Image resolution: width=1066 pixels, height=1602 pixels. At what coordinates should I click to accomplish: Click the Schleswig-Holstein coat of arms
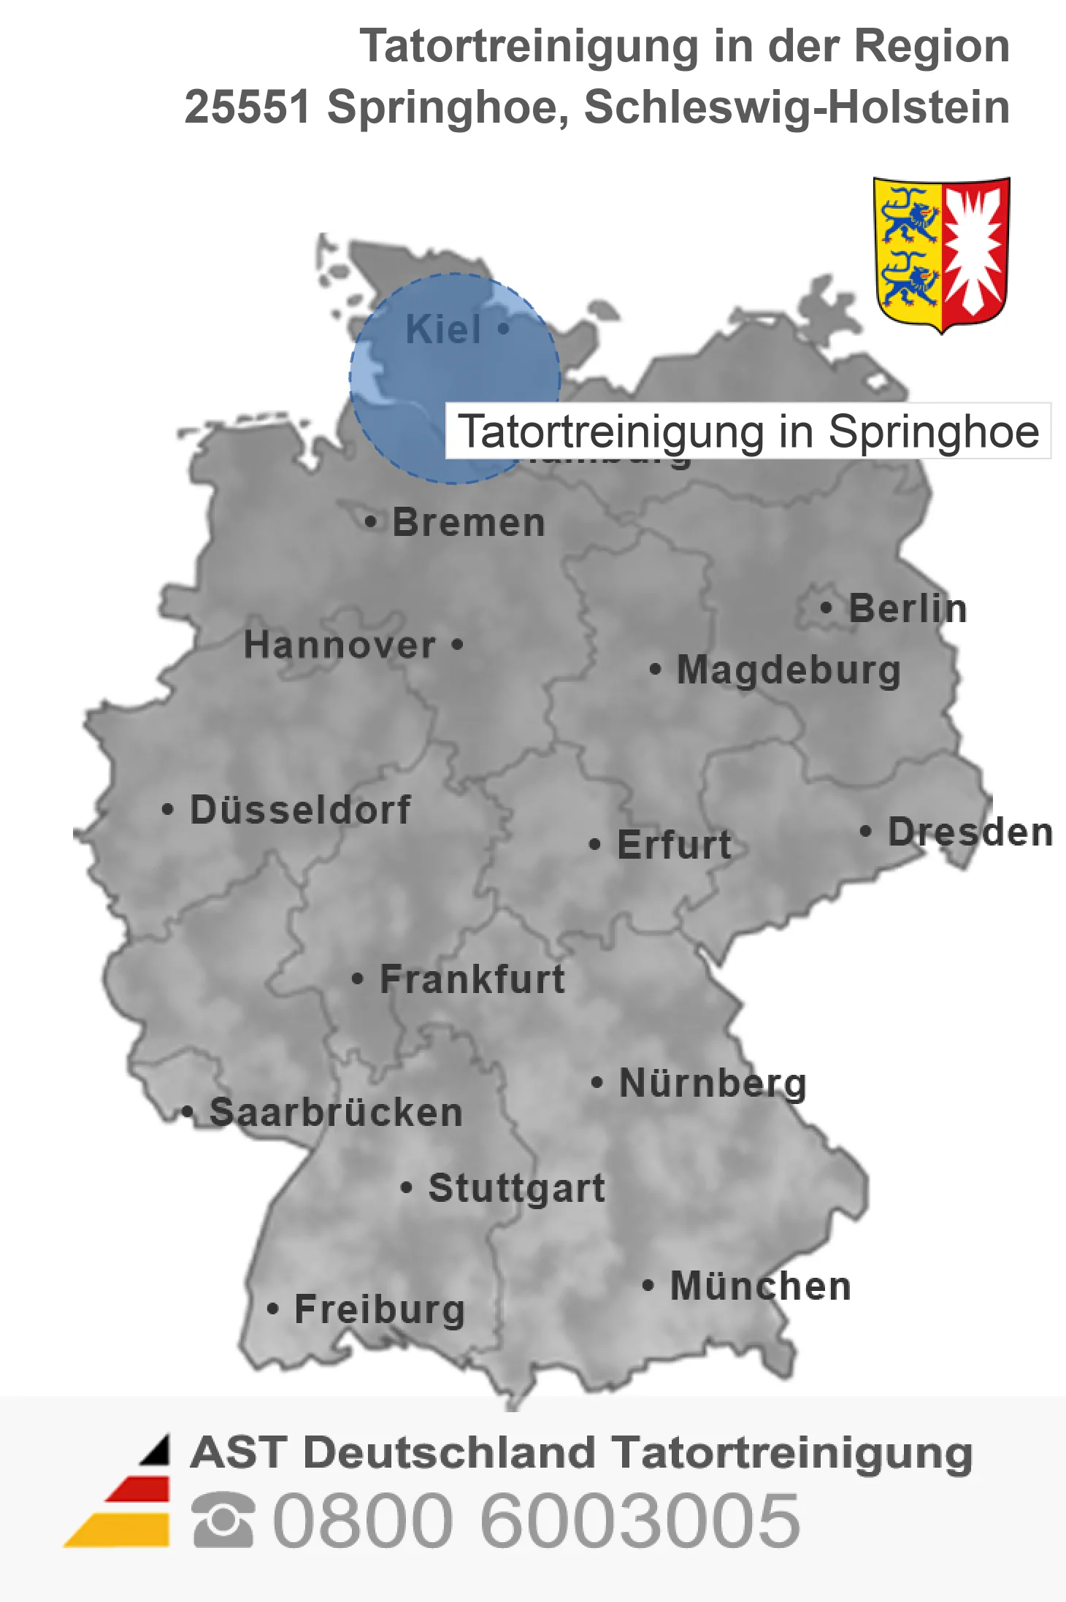pos(941,253)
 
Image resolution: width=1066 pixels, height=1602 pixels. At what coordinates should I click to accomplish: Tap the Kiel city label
pos(443,329)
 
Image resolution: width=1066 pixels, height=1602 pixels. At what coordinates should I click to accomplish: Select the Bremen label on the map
pos(469,523)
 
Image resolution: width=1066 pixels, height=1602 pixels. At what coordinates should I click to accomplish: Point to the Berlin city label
pos(908,609)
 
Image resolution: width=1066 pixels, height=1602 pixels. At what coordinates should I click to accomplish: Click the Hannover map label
pos(340,645)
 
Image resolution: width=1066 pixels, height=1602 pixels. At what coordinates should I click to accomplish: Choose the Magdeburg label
pos(789,670)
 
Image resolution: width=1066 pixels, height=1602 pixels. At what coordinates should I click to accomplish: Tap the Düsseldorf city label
pos(300,810)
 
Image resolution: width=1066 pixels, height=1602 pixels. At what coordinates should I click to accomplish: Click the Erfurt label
pos(674,846)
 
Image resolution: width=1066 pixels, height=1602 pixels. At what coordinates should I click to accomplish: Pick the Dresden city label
pos(970,832)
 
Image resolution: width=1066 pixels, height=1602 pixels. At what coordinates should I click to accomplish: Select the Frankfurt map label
pos(472,979)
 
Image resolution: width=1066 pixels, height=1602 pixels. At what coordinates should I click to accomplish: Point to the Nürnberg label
pos(713,1083)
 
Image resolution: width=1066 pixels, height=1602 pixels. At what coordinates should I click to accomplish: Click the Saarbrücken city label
pos(336,1113)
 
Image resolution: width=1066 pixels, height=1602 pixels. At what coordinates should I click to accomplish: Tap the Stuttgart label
pos(517,1188)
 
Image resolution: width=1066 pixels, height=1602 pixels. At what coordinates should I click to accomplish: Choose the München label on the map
pos(761,1286)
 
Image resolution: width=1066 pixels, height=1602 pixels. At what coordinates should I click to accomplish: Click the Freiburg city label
pos(380,1309)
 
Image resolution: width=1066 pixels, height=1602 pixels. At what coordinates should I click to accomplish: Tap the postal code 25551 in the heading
pos(248,107)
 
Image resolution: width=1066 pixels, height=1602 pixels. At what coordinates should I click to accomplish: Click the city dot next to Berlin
pos(827,608)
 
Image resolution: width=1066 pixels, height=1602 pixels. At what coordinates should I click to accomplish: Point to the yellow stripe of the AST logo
pos(120,1530)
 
